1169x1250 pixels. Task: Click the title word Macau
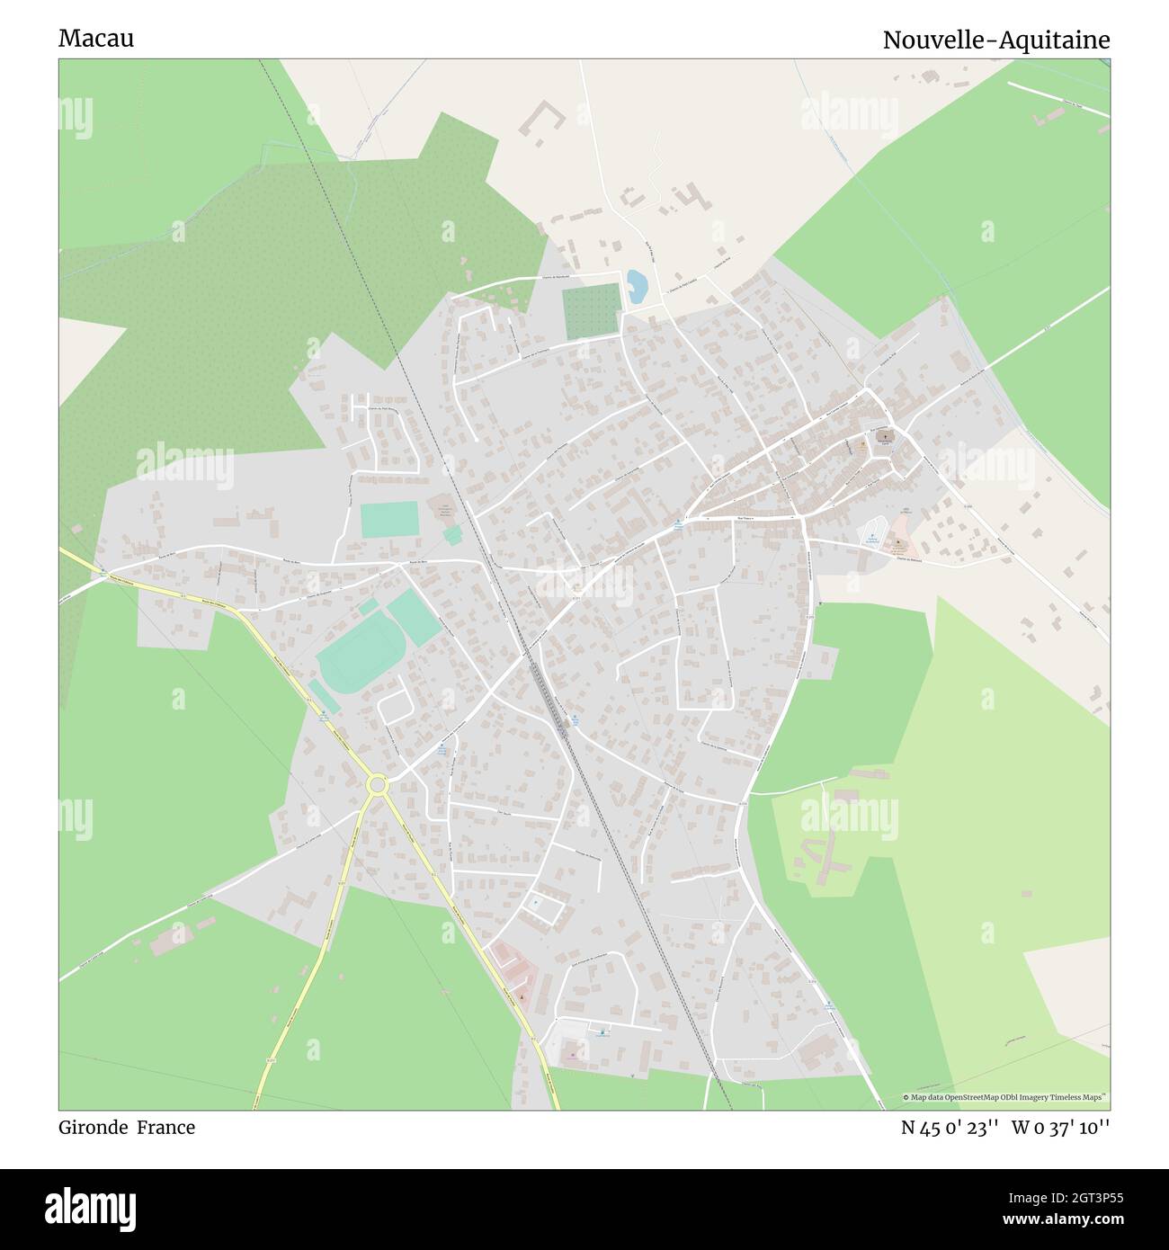(96, 39)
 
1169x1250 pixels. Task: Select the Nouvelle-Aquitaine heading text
(995, 40)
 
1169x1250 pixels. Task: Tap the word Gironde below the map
(94, 1127)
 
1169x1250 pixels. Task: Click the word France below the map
(166, 1127)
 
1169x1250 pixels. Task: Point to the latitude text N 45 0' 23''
(950, 1127)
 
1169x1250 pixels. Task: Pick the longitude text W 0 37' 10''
(1060, 1127)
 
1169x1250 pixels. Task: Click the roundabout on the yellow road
(378, 785)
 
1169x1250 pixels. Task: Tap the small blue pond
(636, 286)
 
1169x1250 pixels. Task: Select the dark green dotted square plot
(592, 310)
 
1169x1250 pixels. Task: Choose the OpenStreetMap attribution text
(1005, 1097)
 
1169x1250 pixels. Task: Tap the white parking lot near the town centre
(871, 533)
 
